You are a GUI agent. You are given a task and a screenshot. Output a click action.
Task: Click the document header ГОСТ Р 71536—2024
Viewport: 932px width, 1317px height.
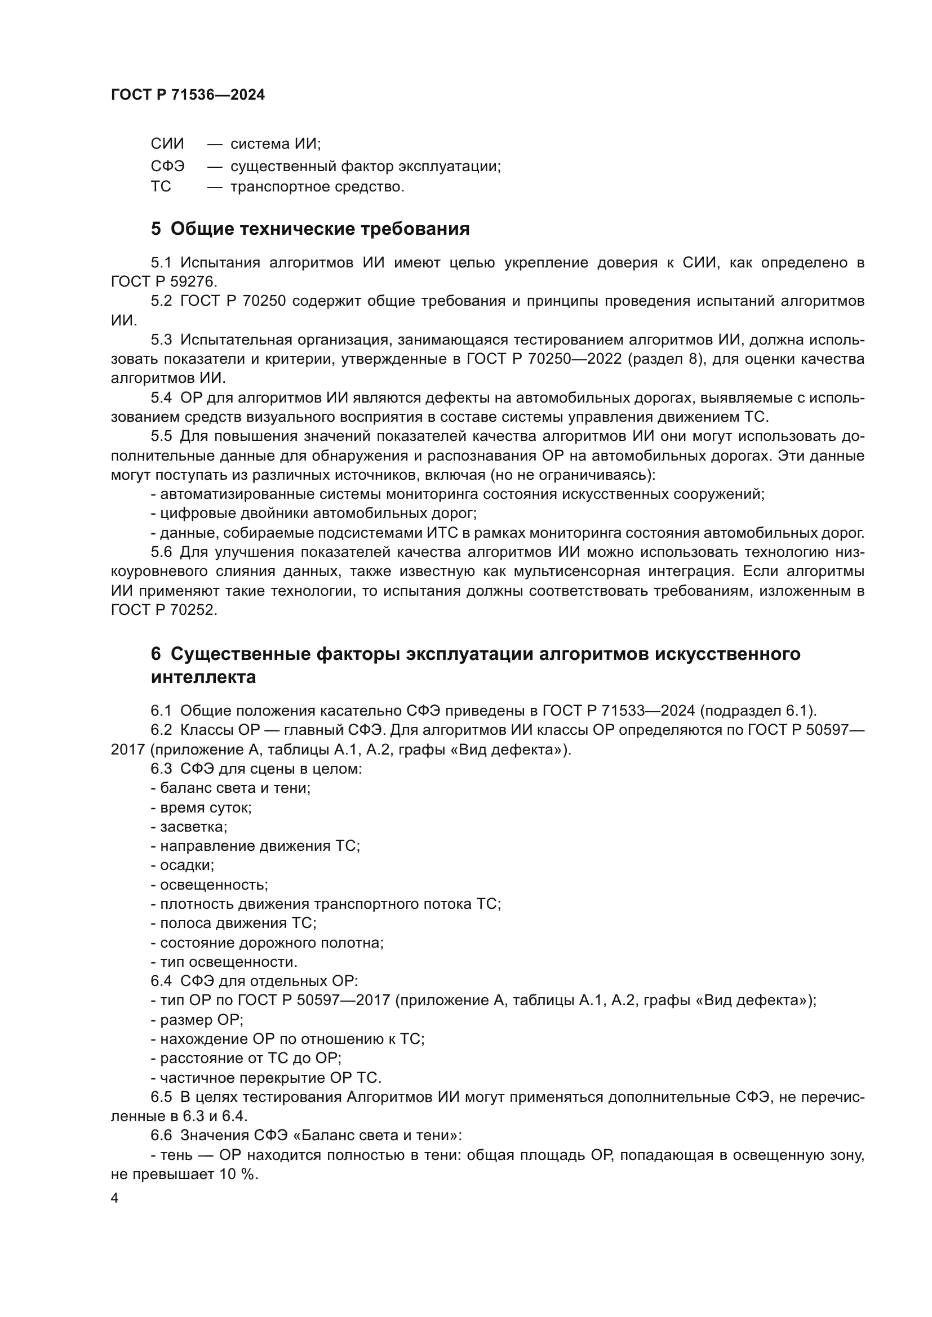pos(188,95)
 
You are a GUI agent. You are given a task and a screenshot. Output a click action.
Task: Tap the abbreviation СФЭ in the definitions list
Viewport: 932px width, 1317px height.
pos(167,166)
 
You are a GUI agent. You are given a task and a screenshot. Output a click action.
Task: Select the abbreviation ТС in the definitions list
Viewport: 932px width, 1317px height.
pos(161,186)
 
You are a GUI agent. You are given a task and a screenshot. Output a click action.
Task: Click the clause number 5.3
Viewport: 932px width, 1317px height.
pos(161,340)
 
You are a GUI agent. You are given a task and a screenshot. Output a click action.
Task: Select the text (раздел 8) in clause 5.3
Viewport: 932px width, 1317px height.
pos(668,359)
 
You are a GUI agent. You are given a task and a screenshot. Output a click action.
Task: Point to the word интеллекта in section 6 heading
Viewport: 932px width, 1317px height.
pos(203,677)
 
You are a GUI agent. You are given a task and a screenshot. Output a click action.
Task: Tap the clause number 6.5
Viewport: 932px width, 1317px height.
pos(161,1097)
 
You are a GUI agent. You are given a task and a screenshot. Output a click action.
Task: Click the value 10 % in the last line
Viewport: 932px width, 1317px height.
pos(238,1173)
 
